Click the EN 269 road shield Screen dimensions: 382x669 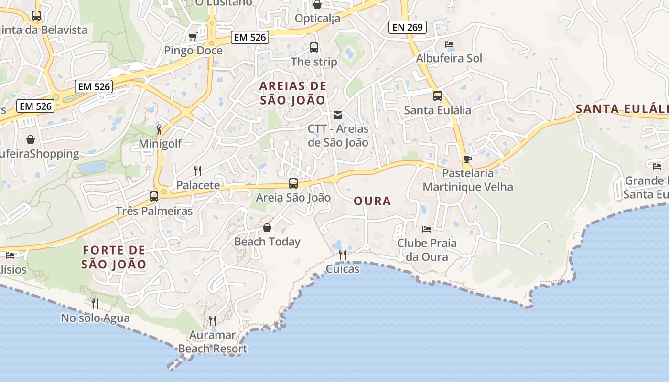coord(407,27)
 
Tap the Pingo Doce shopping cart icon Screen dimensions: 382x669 coord(193,36)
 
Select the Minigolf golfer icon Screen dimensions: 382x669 coord(159,129)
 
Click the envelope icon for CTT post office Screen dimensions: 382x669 coord(338,115)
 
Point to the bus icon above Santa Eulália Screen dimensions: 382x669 coord(437,95)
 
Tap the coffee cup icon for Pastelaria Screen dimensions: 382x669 coord(467,159)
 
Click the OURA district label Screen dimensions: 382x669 coord(372,201)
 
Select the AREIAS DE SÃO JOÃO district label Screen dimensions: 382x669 coord(293,93)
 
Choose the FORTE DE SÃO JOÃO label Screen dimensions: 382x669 coord(114,257)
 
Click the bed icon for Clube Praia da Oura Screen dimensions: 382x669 coord(427,229)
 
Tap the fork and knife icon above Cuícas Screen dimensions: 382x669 coord(342,255)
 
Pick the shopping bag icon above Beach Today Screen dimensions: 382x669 coord(267,228)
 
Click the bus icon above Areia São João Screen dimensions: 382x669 coord(293,183)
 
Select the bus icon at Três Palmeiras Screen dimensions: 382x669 coord(154,196)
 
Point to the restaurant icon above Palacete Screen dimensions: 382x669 coord(198,170)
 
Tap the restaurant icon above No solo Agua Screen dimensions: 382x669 coord(95,303)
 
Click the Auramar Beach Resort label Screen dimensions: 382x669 coord(213,342)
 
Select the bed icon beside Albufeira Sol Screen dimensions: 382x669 coord(449,44)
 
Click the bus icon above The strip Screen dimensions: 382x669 coord(314,48)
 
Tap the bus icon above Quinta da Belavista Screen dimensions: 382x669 coord(36,15)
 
